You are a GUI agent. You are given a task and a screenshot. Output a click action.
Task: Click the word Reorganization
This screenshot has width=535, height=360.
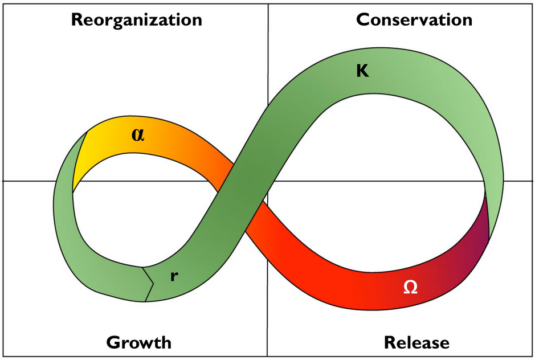(136, 20)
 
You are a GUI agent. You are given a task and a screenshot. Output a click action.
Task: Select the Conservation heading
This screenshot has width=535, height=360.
(414, 20)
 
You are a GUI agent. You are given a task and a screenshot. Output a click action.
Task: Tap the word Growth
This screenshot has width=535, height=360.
(138, 343)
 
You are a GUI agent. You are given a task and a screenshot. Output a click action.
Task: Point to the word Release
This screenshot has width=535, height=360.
(416, 343)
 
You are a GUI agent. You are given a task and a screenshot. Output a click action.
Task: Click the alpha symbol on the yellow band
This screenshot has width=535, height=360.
(137, 134)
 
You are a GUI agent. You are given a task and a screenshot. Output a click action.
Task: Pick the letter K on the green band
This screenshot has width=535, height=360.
(362, 72)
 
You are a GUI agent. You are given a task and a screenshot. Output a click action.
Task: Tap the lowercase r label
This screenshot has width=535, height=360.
(174, 276)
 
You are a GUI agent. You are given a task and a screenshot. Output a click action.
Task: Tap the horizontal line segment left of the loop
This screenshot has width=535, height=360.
(28, 181)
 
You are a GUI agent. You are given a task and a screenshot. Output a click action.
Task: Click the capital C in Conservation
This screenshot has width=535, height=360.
(363, 20)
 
